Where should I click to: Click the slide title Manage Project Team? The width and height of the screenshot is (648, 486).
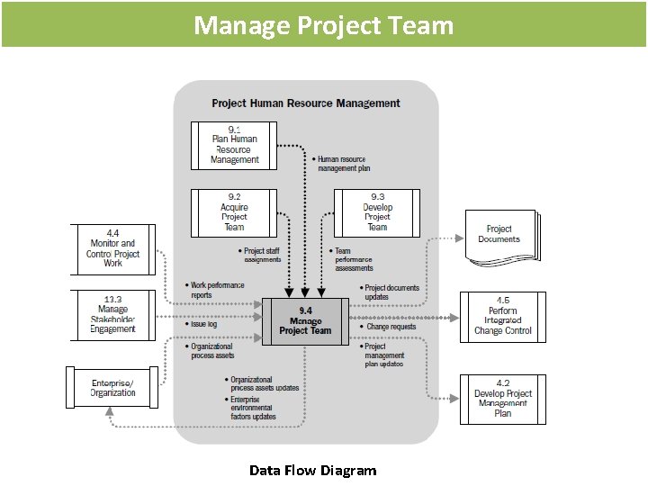[324, 24]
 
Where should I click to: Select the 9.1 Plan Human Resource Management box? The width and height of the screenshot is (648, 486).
[235, 145]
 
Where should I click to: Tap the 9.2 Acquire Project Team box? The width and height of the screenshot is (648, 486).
[234, 211]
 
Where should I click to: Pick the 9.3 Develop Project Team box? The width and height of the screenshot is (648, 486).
[377, 211]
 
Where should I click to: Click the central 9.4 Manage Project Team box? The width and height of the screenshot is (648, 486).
[305, 321]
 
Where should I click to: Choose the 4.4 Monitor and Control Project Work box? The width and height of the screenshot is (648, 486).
[112, 248]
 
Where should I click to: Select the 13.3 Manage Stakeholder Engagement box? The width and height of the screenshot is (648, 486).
[112, 314]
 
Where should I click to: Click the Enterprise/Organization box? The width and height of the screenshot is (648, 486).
[112, 388]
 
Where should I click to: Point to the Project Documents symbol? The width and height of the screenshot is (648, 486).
[499, 235]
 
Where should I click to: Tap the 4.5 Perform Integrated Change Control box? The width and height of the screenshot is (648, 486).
[503, 316]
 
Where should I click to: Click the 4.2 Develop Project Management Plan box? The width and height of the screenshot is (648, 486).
[503, 399]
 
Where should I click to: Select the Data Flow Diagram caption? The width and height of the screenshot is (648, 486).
[313, 470]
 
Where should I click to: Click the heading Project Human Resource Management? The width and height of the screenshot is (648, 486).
[306, 103]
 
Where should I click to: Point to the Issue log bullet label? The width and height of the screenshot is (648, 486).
[203, 324]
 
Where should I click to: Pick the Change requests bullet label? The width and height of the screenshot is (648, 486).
[391, 327]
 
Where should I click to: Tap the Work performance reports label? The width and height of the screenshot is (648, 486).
[216, 290]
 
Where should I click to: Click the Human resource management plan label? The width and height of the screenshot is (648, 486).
[343, 164]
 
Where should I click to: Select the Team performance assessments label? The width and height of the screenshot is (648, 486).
[353, 259]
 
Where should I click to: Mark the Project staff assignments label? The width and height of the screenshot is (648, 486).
[262, 256]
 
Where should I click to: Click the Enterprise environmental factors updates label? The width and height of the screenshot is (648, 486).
[251, 409]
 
